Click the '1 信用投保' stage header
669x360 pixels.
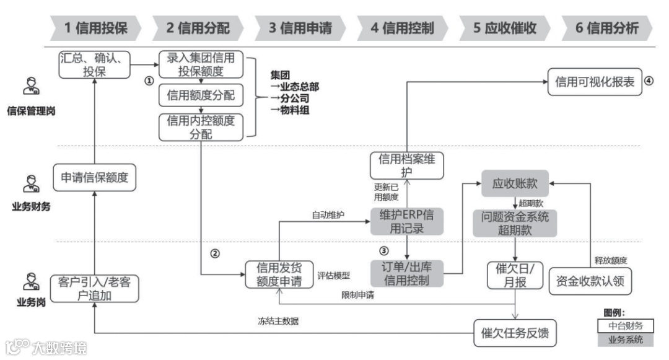(x=96, y=28)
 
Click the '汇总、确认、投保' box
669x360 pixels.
(x=94, y=64)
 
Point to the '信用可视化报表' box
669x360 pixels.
(x=595, y=82)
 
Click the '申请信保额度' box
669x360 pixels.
(x=94, y=178)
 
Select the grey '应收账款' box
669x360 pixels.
(x=515, y=184)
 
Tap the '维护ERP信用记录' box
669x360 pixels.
(x=407, y=221)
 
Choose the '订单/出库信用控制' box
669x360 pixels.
(x=407, y=273)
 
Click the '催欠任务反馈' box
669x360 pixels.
(x=515, y=334)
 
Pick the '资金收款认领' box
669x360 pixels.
(x=590, y=281)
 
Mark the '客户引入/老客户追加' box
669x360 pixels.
(x=95, y=288)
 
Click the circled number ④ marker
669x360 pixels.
(x=649, y=81)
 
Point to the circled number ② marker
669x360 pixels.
(x=216, y=253)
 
